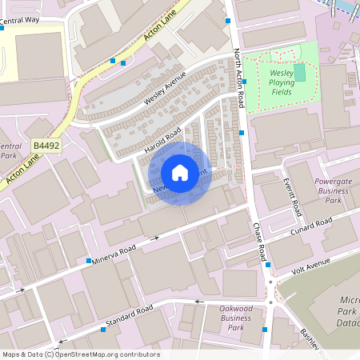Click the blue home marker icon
180,173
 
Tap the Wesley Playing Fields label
281,82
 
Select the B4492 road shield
46,145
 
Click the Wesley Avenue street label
165,89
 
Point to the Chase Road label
260,244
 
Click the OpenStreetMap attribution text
80,354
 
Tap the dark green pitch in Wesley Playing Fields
299,73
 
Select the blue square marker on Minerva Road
88,262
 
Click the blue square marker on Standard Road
103,329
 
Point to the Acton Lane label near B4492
22,170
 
